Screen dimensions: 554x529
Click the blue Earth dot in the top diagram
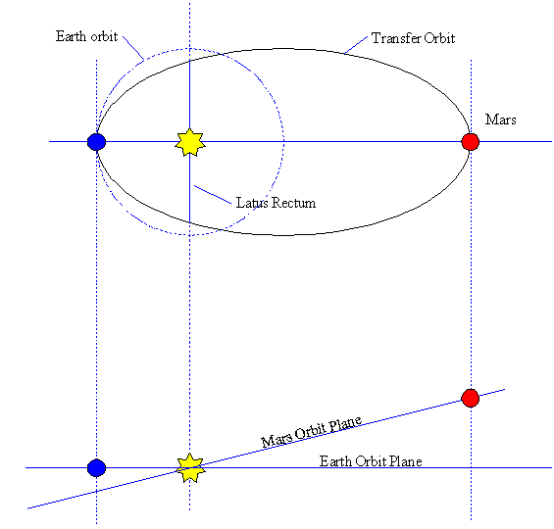click(x=96, y=142)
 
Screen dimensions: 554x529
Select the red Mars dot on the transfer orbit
click(x=471, y=142)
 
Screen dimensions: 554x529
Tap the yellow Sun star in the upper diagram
click(x=190, y=142)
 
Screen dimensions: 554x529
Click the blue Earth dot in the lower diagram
click(x=96, y=468)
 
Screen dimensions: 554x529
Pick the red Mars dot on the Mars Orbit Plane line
click(x=471, y=398)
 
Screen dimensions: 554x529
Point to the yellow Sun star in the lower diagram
click(x=190, y=468)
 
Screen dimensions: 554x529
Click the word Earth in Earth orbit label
click(x=71, y=36)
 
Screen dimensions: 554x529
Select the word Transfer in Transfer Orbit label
click(x=396, y=38)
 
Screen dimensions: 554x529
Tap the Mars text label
click(x=500, y=120)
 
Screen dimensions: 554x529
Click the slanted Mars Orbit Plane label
click(x=311, y=432)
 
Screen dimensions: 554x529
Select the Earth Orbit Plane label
click(x=371, y=461)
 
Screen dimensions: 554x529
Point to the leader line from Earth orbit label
click(x=133, y=48)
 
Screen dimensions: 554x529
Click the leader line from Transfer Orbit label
click(x=356, y=45)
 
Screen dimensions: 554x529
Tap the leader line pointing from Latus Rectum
click(x=213, y=195)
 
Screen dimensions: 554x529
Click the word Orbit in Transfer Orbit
click(x=439, y=38)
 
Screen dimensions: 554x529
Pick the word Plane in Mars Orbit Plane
click(x=345, y=424)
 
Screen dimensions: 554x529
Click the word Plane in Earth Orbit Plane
click(x=405, y=461)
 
